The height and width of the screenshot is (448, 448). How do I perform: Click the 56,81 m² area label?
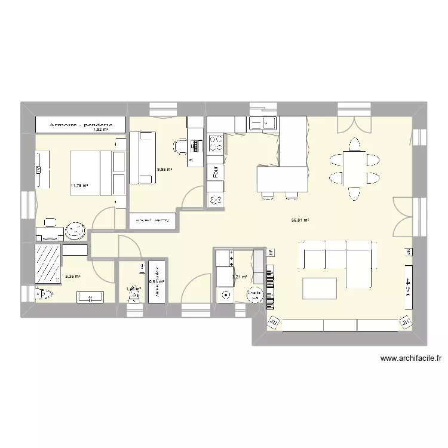[300, 220]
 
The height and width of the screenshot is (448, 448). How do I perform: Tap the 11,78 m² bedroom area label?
[79, 186]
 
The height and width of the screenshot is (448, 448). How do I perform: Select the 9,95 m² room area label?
[164, 170]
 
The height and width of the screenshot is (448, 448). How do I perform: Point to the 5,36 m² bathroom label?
[72, 277]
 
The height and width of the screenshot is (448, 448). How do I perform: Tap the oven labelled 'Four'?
[215, 172]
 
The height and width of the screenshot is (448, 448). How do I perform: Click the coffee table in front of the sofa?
[320, 289]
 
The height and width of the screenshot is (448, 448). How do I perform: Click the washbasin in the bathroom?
[90, 295]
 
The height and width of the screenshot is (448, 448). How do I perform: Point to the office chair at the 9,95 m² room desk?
[181, 145]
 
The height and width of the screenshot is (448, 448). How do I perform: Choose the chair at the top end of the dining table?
[354, 144]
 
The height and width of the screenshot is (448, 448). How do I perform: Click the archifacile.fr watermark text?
[410, 359]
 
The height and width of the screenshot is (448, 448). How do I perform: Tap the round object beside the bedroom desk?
[75, 229]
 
